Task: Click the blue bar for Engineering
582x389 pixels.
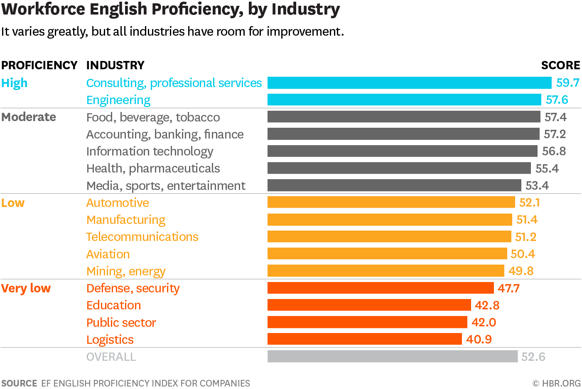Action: pos(404,100)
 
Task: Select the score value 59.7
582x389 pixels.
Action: pos(567,83)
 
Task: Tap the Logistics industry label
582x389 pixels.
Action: pos(110,340)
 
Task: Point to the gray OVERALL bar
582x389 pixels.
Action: pos(393,356)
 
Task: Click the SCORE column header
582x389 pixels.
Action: pos(560,65)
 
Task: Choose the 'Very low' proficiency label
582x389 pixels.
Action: pos(26,288)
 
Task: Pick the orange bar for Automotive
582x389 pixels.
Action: pos(391,202)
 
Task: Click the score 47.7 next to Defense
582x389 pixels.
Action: pos(508,288)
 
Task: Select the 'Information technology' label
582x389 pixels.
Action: pos(150,151)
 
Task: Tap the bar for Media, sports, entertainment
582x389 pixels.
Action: pos(394,185)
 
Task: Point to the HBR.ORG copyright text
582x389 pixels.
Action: pos(557,383)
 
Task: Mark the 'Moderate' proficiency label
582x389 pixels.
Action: pos(29,117)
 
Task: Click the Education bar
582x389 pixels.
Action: pos(369,305)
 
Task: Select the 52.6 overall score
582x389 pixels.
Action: pos(533,357)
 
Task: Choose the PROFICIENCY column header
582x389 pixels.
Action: pos(39,65)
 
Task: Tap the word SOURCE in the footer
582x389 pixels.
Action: pos(19,383)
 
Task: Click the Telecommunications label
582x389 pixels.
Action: pos(142,237)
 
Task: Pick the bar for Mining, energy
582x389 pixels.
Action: pos(386,271)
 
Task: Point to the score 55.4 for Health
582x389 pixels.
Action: pos(547,168)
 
